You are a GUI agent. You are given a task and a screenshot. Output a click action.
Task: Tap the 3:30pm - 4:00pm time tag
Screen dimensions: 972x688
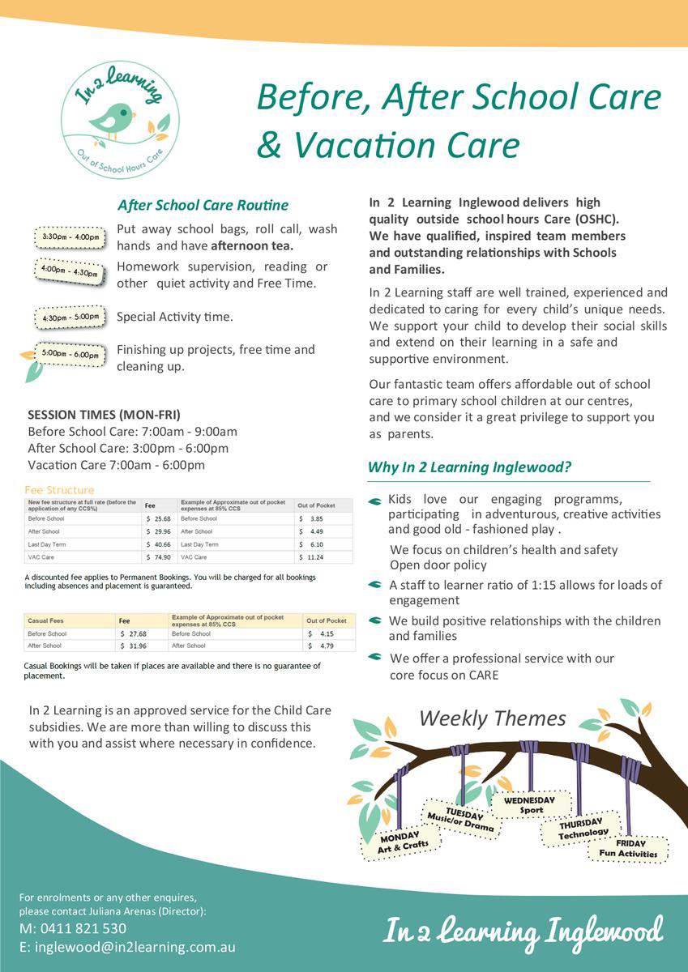[x=71, y=237]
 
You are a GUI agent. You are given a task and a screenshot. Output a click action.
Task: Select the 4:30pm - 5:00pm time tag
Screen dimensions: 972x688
[x=71, y=318]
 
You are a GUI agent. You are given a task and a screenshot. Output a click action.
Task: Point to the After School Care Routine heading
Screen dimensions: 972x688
[x=203, y=205]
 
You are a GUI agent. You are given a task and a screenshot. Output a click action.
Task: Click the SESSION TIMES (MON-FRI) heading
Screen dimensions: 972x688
[x=104, y=414]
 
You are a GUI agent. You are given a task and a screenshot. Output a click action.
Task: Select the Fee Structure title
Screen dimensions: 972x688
[x=59, y=490]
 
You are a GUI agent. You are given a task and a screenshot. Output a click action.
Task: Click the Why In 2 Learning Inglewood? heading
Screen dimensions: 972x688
[x=470, y=467]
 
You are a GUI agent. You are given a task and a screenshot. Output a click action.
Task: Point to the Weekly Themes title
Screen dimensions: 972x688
[x=492, y=718]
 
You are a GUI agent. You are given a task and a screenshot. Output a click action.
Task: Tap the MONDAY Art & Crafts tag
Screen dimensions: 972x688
[x=402, y=842]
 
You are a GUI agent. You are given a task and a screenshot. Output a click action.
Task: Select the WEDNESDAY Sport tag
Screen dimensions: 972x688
[x=531, y=804]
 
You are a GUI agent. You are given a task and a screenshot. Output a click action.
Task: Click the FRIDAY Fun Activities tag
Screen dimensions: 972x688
[x=628, y=847]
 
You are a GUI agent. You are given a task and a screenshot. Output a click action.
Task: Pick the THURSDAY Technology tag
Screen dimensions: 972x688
[x=583, y=828]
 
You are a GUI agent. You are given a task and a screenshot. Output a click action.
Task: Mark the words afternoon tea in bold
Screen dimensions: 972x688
[x=252, y=245]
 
